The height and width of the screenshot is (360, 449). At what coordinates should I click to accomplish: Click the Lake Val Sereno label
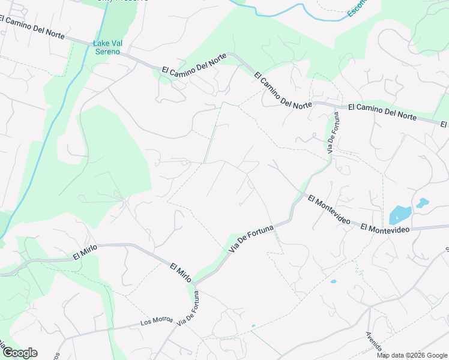coord(106,47)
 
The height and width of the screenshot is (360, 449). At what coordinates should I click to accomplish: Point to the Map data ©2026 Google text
coord(411,355)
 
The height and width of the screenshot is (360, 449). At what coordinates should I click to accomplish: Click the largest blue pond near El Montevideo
coord(400,214)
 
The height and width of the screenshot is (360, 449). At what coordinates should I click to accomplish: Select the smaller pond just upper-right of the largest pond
coord(423,203)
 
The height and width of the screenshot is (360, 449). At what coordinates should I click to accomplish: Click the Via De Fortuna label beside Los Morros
coord(187,308)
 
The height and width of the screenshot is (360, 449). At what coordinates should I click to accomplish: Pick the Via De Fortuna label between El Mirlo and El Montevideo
coord(251,239)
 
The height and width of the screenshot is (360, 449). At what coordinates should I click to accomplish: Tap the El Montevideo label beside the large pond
coord(385,229)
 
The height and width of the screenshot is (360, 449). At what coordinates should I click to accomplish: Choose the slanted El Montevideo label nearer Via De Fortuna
coord(329,209)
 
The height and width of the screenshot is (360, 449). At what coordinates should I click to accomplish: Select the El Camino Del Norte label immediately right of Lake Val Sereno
coord(194,64)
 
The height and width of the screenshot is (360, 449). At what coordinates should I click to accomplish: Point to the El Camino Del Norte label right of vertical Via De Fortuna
coord(382,112)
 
